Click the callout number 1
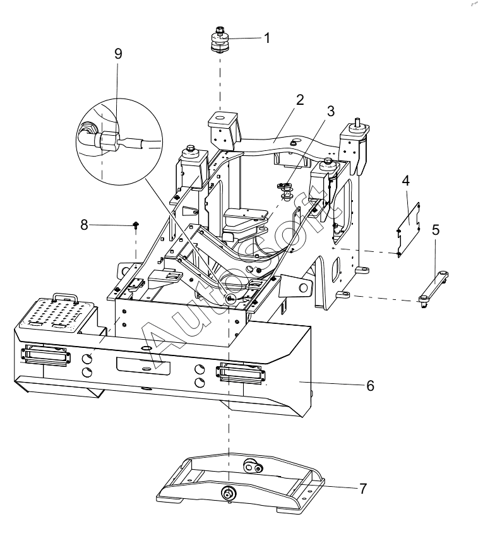[267, 38]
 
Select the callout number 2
[300, 100]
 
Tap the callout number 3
[331, 111]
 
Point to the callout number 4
[406, 181]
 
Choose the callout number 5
[436, 230]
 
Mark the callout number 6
[371, 385]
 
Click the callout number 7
[363, 489]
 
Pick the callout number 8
[84, 225]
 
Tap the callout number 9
[118, 54]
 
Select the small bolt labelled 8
[136, 225]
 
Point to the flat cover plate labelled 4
[409, 229]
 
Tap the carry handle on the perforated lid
[65, 297]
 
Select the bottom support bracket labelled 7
[241, 483]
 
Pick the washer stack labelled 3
[285, 191]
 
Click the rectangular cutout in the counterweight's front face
[143, 366]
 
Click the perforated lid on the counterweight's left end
[56, 317]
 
